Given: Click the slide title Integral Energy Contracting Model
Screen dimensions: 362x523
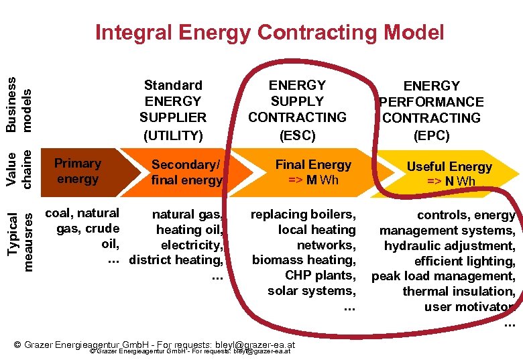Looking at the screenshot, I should [270, 32].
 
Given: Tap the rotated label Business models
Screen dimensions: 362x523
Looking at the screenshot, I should [19, 103].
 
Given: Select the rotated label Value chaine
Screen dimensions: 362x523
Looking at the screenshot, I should [19, 169].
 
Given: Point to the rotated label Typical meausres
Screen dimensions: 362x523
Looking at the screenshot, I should [19, 231].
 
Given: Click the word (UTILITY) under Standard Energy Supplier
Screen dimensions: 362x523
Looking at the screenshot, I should [173, 135].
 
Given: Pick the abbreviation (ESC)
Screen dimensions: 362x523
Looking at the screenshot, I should [297, 135].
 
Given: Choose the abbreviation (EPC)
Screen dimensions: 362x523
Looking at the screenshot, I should [431, 135].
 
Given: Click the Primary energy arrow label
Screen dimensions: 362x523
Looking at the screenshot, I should [78, 171].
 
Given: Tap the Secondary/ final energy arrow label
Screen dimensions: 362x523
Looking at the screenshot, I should [186, 172].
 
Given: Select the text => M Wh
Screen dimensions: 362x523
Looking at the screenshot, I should [313, 180].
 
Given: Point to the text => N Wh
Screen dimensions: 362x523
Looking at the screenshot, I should [450, 182].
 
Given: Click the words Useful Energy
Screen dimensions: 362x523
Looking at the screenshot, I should [450, 167].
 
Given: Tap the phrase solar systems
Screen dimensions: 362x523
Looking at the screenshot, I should [311, 291].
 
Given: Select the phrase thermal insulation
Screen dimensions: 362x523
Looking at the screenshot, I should [459, 292].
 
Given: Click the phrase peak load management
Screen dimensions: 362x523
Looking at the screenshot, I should [443, 276].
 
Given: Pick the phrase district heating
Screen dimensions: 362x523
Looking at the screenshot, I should [176, 260].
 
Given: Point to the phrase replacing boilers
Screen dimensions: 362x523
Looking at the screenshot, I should [302, 215].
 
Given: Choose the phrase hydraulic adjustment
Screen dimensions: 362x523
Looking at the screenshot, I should [449, 245].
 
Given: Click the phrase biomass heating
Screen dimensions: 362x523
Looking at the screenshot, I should [304, 260].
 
